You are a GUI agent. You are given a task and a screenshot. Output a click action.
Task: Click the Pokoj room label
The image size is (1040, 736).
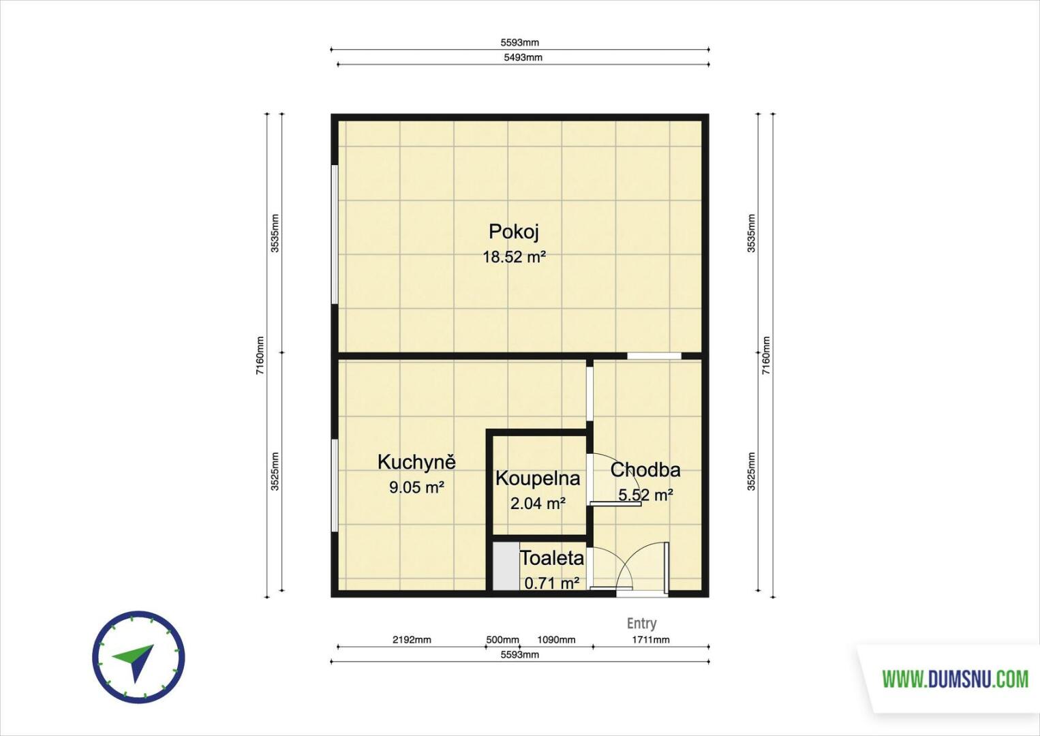(x=514, y=232)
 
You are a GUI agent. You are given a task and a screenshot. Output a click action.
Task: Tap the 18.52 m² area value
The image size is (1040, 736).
(x=514, y=257)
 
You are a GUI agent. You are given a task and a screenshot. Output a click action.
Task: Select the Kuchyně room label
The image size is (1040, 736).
(x=416, y=462)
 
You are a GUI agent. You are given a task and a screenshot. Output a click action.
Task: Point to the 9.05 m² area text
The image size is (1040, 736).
(x=416, y=487)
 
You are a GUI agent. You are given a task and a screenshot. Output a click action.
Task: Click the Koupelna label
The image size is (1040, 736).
(x=538, y=478)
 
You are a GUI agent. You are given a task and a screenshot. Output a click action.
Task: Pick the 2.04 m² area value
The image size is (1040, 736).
(x=538, y=503)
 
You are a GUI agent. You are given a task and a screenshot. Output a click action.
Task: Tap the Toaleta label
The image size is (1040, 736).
(x=551, y=557)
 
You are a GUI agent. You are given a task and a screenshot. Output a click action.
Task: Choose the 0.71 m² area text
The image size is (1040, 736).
(x=551, y=582)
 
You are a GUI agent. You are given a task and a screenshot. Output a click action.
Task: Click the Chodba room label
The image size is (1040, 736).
(x=645, y=470)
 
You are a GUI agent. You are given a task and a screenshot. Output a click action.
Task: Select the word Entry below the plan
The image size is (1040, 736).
(x=641, y=623)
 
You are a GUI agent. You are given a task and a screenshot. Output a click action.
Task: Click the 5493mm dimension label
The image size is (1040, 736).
(x=523, y=57)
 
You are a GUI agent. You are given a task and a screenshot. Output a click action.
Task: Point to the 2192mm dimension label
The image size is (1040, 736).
(x=412, y=639)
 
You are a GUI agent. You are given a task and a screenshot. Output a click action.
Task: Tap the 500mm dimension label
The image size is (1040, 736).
(x=502, y=639)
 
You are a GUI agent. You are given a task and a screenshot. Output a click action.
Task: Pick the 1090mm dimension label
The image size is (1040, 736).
(x=556, y=639)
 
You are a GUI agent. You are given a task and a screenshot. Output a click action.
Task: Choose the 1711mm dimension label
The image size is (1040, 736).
(x=650, y=639)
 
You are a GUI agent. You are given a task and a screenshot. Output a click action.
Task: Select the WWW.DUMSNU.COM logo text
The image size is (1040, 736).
(x=955, y=679)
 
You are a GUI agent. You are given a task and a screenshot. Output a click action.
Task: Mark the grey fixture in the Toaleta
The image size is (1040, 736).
(x=506, y=566)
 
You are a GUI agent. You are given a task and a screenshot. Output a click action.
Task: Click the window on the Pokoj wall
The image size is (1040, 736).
(x=335, y=234)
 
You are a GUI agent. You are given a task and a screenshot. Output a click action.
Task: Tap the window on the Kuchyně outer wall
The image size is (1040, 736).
(x=335, y=485)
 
